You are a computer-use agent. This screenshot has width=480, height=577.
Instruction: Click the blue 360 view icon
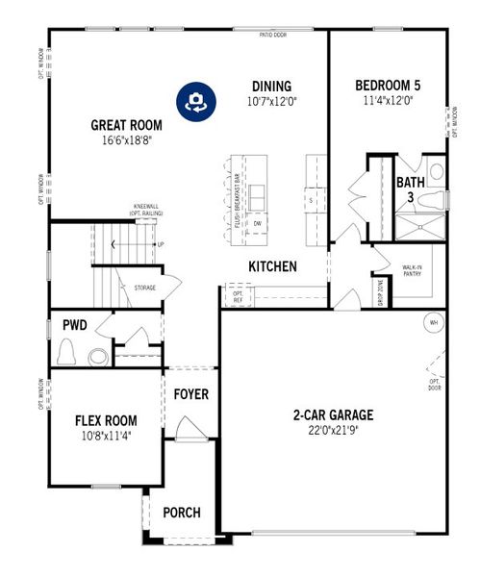(x=195, y=100)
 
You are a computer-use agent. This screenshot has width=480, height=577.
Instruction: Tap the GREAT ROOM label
(x=126, y=125)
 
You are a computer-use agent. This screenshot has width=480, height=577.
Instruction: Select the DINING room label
(x=272, y=86)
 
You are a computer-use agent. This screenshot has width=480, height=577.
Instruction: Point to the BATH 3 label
(x=411, y=189)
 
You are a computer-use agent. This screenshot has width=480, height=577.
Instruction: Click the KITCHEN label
(x=272, y=266)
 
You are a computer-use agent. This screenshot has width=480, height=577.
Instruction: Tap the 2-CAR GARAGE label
(x=334, y=416)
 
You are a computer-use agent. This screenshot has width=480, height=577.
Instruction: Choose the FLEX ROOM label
(x=106, y=420)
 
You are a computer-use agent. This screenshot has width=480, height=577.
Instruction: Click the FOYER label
(x=191, y=394)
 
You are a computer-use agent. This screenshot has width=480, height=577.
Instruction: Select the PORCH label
(x=182, y=513)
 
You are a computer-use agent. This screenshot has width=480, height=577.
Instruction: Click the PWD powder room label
(x=75, y=325)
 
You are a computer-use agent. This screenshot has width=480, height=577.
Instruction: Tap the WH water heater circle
(x=434, y=322)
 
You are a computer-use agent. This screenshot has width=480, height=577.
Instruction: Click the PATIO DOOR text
(x=274, y=34)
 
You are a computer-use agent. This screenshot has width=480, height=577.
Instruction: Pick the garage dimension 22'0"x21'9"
(x=334, y=432)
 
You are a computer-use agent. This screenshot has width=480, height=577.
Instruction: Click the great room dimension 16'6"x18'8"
(x=126, y=140)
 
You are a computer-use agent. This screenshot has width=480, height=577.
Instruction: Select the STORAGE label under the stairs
(x=145, y=287)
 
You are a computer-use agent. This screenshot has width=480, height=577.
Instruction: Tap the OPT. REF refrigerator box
(x=237, y=296)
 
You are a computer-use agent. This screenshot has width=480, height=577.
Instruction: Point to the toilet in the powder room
(x=67, y=353)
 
